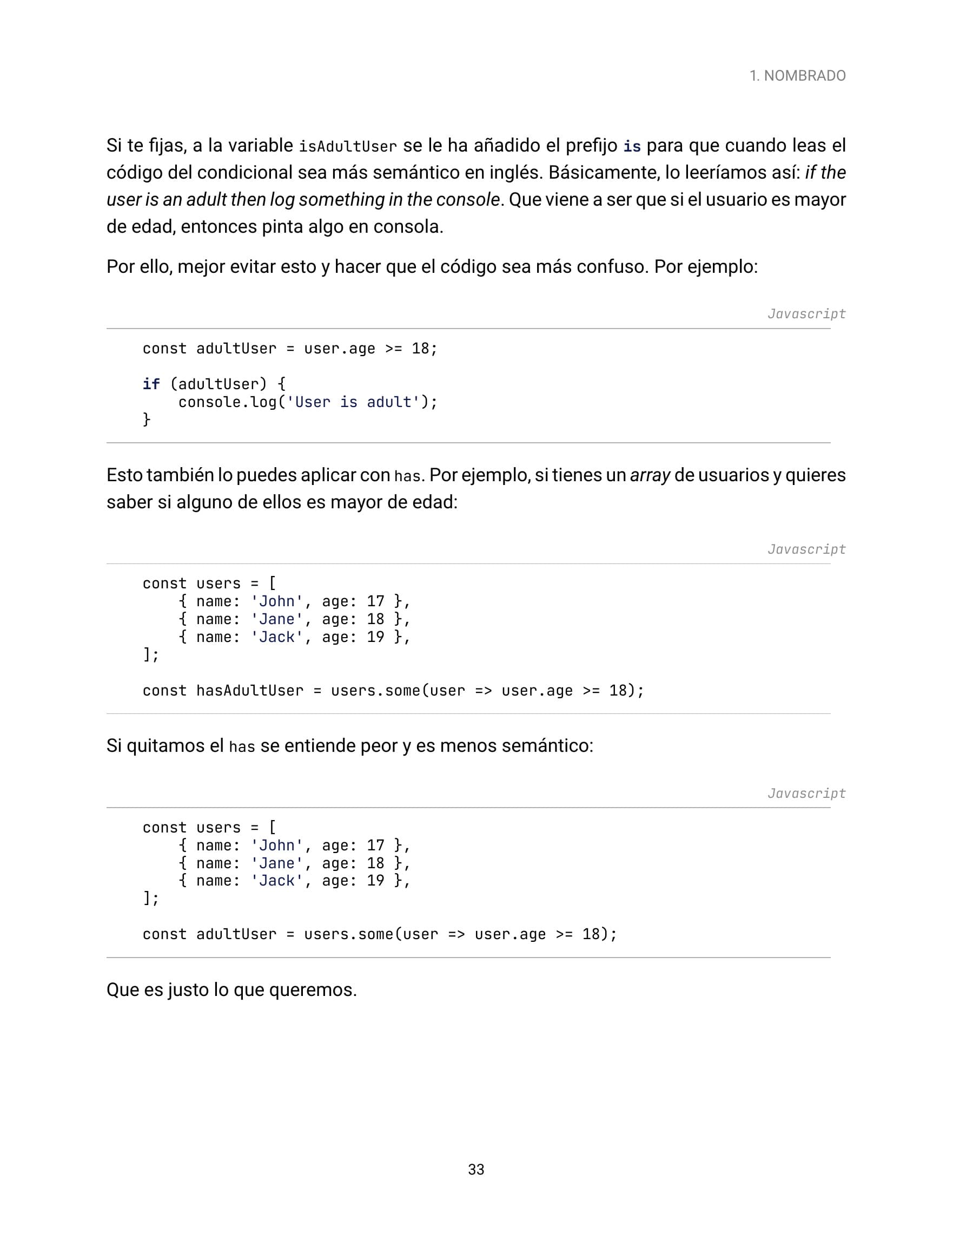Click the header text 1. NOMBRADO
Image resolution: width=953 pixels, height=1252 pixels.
coord(797,75)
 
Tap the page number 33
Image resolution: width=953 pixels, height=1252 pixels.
coord(476,1169)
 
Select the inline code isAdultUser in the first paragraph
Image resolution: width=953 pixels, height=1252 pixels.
coord(348,147)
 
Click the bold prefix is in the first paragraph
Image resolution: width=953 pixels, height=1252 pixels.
coord(632,147)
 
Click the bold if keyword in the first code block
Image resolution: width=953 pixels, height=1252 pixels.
coord(151,384)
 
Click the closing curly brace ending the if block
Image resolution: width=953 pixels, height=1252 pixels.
coord(147,419)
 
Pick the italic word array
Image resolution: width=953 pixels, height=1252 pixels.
coord(650,475)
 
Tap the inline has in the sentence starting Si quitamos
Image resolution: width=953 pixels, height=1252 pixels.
coord(242,746)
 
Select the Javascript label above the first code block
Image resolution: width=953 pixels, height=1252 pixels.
coord(806,314)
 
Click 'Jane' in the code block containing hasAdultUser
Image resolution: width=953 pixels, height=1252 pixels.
coord(277,619)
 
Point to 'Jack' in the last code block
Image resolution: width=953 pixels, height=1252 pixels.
coord(277,881)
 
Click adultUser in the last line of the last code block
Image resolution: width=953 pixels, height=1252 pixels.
coord(236,934)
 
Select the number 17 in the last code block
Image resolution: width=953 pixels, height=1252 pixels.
coord(375,845)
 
